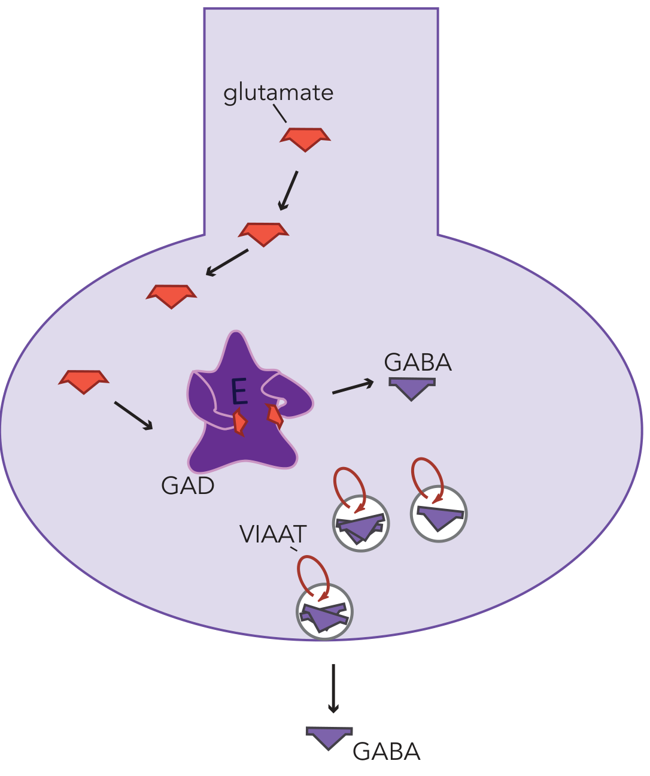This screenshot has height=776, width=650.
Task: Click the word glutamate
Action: tap(278, 93)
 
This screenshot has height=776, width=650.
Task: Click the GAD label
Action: tap(188, 486)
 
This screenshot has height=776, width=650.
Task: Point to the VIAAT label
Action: tap(273, 534)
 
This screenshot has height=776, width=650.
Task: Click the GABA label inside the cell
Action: tap(418, 363)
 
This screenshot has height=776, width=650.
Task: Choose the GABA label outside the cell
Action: tap(386, 752)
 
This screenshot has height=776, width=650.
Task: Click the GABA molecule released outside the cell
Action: tap(329, 737)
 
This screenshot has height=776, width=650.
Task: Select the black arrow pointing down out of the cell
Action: tap(333, 688)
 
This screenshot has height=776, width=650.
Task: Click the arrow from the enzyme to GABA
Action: tap(353, 387)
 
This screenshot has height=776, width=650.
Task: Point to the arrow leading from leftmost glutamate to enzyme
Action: tap(133, 416)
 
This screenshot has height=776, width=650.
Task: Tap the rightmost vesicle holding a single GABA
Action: tap(439, 514)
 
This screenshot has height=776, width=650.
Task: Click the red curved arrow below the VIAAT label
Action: tap(314, 576)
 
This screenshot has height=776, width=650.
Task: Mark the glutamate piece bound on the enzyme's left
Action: tap(240, 422)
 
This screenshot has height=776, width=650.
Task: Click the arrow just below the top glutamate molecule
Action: tap(288, 190)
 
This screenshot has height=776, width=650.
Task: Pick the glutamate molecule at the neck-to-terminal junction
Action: tap(263, 233)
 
